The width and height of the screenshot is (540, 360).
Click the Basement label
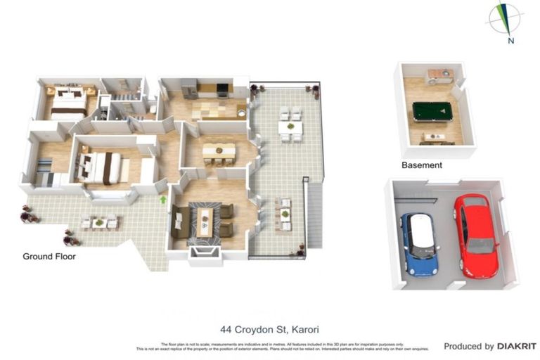(422, 165)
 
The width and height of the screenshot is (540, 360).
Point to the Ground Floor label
(49, 257)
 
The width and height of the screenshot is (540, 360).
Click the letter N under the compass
(510, 41)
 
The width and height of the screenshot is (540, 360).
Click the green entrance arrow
(163, 200)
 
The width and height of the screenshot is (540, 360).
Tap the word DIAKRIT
(517, 346)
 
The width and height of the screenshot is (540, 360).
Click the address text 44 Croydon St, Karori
(269, 328)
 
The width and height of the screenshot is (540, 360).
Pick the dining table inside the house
(219, 150)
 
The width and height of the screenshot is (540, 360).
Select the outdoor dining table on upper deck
(290, 127)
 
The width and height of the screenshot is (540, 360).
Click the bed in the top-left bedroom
(69, 103)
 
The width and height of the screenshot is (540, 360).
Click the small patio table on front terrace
(99, 224)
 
